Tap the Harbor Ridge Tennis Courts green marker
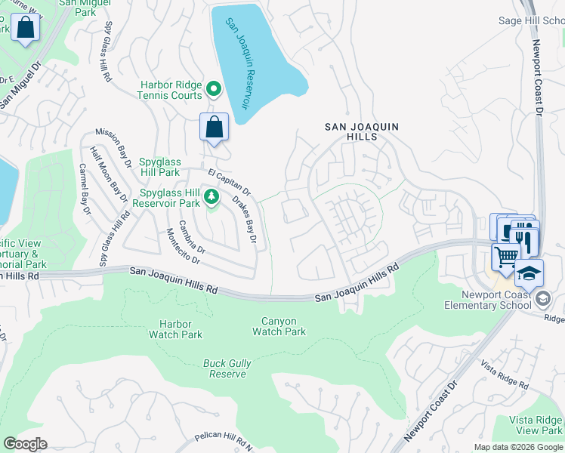[214, 90]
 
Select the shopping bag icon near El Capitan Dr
[214, 127]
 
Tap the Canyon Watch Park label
[279, 326]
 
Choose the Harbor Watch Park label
[176, 329]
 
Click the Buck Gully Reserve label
[227, 368]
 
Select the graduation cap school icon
[529, 273]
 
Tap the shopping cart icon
[506, 256]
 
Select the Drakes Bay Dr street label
[244, 220]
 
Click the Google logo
[25, 444]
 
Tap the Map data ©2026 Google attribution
[517, 447]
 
